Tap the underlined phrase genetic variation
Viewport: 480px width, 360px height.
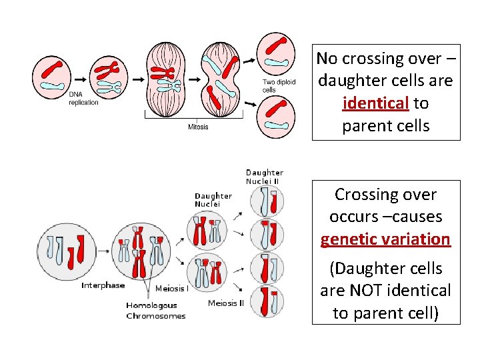click(385, 239)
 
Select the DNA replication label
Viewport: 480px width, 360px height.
click(83, 99)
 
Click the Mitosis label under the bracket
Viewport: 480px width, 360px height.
click(198, 127)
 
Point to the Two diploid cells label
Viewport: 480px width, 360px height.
click(278, 86)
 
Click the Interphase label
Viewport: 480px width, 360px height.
click(103, 285)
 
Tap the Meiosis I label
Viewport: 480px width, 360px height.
click(171, 289)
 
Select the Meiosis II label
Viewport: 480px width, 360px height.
click(226, 303)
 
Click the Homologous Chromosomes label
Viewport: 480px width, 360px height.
click(156, 310)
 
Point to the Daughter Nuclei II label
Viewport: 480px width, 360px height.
click(265, 177)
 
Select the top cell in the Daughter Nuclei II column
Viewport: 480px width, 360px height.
click(267, 201)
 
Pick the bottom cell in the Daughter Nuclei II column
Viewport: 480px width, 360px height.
click(267, 299)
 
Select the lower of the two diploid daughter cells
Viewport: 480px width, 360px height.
click(277, 115)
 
